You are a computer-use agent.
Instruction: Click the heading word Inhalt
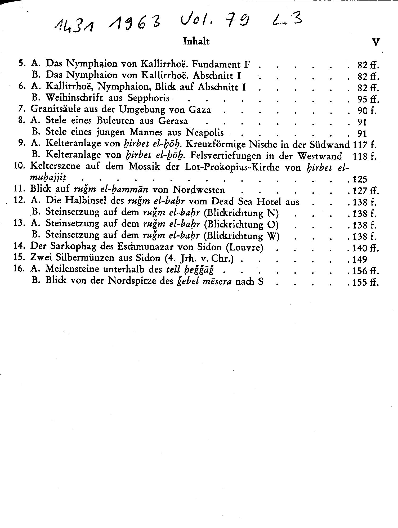pos(196,41)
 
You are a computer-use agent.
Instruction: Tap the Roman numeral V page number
pos(376,42)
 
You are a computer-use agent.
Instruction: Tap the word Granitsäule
pos(55,109)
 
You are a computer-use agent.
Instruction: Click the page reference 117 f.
pos(365,145)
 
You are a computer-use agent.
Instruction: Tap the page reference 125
pos(360,180)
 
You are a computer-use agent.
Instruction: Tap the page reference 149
pos(360,259)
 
